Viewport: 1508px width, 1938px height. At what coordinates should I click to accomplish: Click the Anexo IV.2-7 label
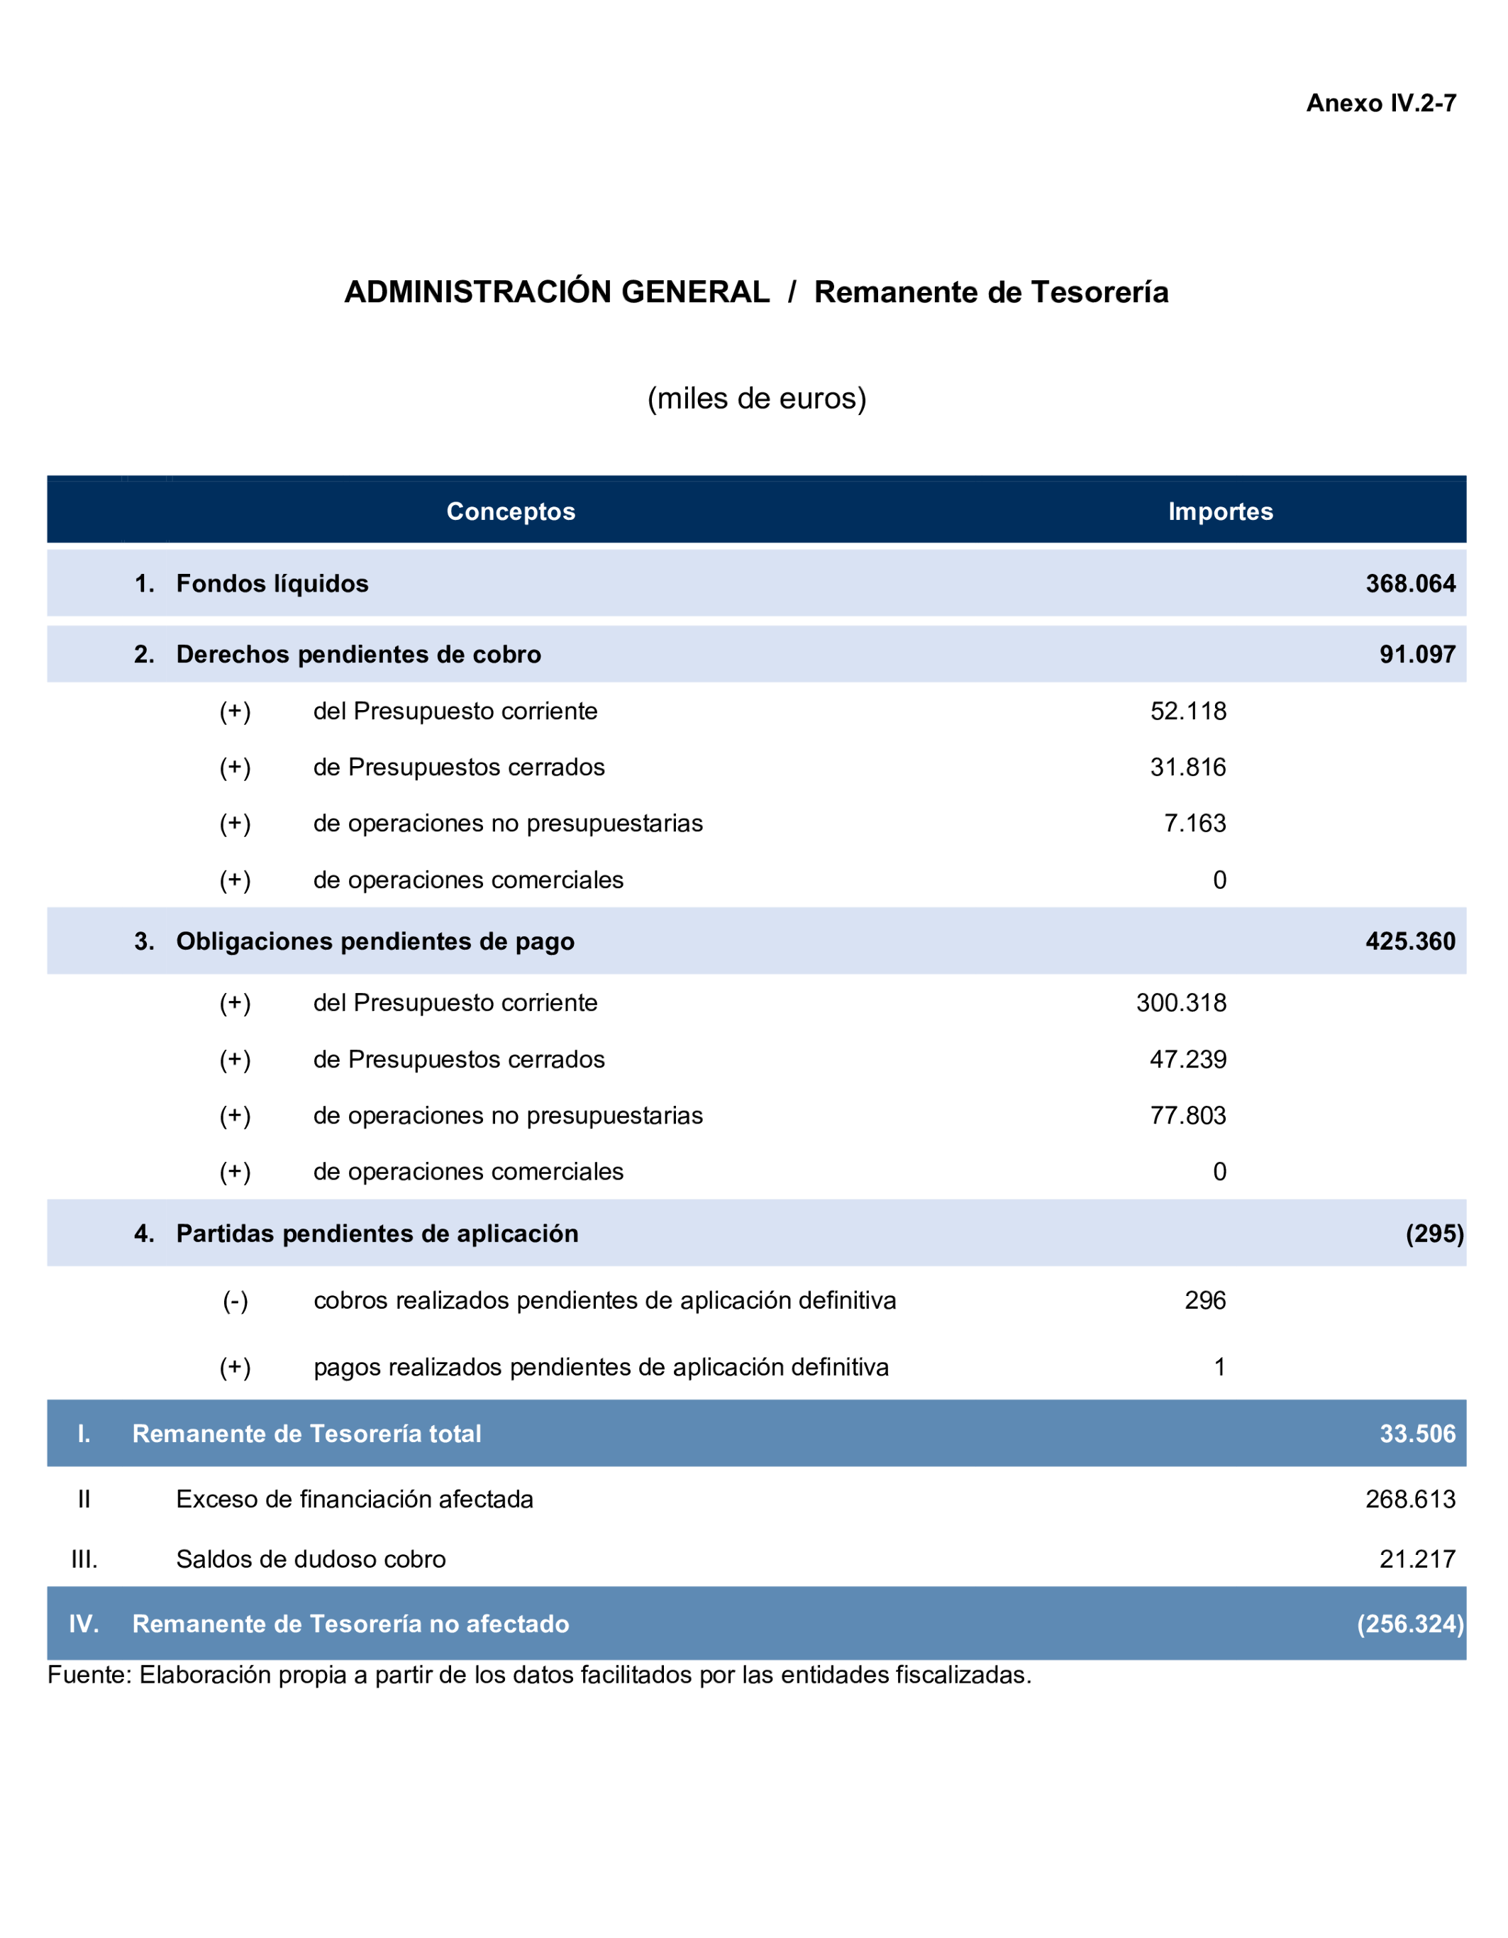pos(1380,104)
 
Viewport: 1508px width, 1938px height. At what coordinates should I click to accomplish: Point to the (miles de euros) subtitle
pos(756,399)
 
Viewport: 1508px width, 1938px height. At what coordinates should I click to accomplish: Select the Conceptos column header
pos(510,511)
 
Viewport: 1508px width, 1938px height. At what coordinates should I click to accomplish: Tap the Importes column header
pos(1220,511)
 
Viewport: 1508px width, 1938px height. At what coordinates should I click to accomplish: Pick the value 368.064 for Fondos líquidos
pos(1409,584)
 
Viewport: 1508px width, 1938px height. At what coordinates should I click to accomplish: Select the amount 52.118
pos(1188,711)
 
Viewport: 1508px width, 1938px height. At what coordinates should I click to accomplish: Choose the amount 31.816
pos(1188,767)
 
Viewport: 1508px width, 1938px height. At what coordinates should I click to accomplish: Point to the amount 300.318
pos(1181,1003)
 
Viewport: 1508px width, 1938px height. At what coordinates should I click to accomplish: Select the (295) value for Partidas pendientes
pos(1434,1234)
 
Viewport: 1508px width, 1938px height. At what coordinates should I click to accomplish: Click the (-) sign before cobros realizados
pos(235,1301)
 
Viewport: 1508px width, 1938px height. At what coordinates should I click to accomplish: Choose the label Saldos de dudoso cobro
pos(311,1559)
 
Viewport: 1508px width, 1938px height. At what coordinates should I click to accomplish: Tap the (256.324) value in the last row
pos(1409,1624)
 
